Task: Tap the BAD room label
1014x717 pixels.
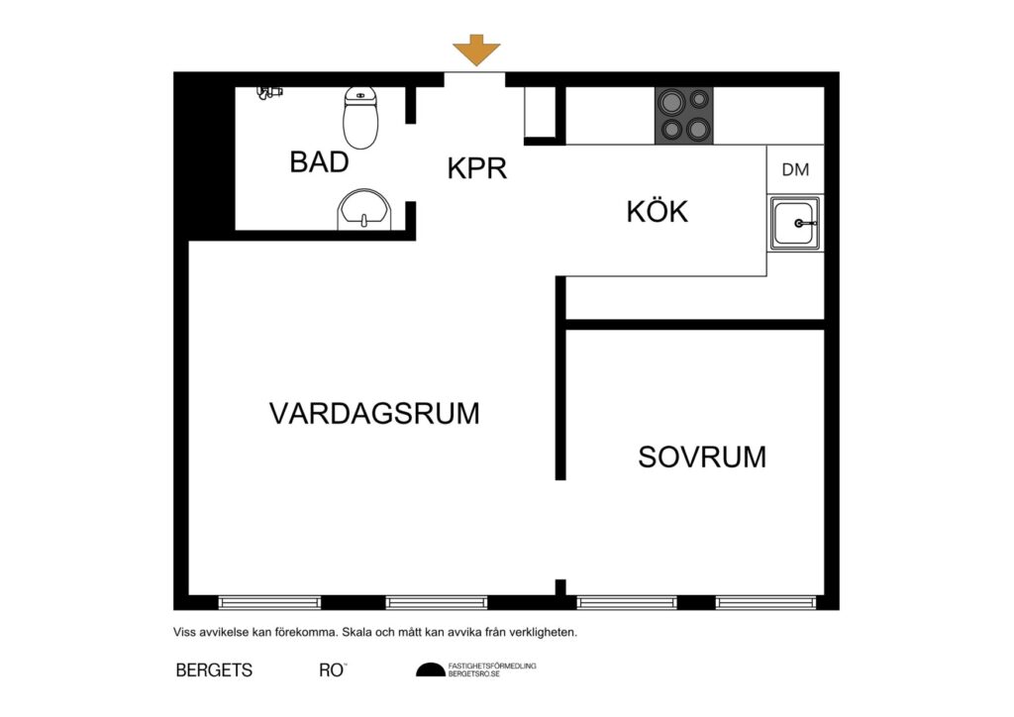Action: tap(319, 162)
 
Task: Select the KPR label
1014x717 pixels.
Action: tap(477, 168)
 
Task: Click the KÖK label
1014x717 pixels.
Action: tap(657, 211)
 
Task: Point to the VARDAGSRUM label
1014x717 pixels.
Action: tap(374, 413)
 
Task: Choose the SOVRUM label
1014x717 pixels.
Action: tap(702, 457)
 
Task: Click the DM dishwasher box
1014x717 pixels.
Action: tap(795, 169)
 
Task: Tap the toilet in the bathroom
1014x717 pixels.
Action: tap(361, 118)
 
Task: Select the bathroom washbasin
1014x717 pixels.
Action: tap(365, 211)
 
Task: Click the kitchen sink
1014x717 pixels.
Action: tap(795, 224)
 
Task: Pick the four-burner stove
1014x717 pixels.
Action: tap(683, 115)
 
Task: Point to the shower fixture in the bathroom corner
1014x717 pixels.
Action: tap(268, 92)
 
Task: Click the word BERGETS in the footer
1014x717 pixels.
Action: tap(214, 670)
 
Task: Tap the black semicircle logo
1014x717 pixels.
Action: tap(431, 670)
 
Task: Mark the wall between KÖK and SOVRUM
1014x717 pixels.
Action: tap(694, 324)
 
